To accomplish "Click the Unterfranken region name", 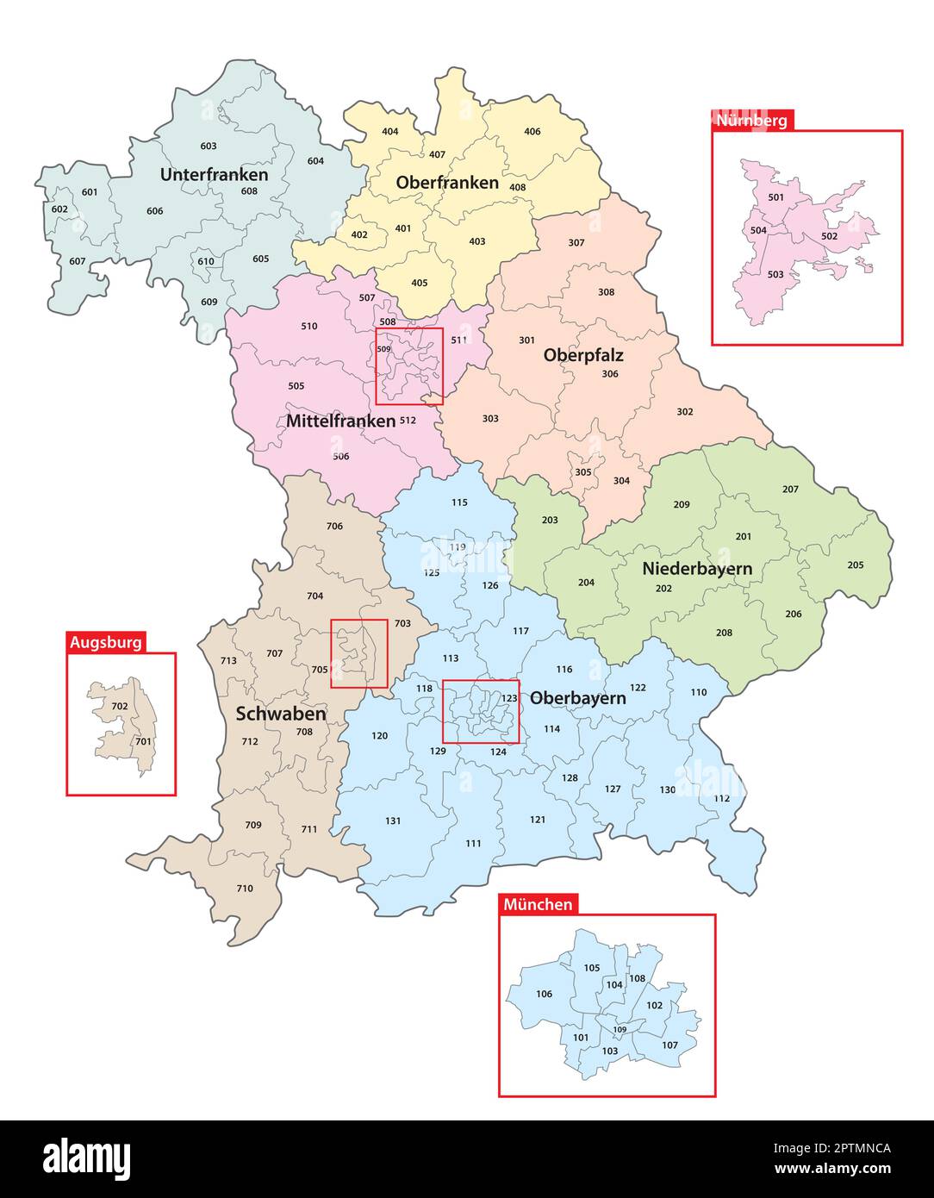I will [214, 175].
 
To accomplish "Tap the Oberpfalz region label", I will [583, 355].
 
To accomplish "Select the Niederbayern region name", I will [696, 569].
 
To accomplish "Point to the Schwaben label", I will [281, 714].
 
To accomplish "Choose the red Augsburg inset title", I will [106, 642].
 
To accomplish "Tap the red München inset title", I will [538, 904].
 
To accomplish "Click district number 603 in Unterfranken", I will [209, 147].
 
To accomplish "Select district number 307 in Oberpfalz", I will [576, 243].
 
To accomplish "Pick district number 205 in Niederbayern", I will [855, 565].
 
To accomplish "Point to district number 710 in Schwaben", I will [245, 889].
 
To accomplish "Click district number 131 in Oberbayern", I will [393, 821].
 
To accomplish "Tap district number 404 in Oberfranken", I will [390, 132].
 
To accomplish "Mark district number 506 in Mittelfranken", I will [341, 457].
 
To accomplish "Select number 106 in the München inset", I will [544, 994].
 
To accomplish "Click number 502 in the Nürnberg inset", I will [829, 236].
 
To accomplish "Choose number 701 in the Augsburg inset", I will [143, 741].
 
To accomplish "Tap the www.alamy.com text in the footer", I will [831, 1170].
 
